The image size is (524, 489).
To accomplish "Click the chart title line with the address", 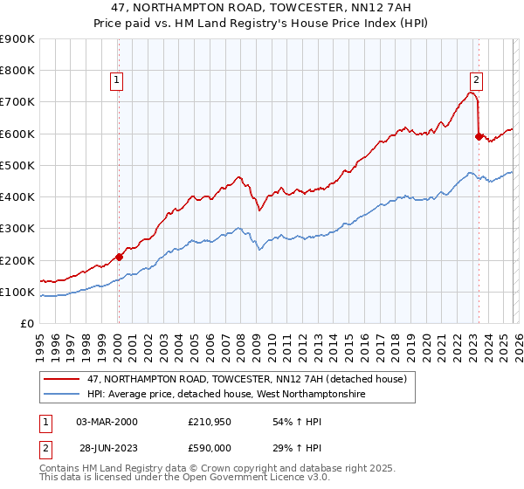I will [x=262, y=8].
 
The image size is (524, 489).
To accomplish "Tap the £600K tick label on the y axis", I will [x=17, y=134].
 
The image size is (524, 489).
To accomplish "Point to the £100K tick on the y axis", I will [x=17, y=292].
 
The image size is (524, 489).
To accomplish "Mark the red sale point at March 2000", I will [x=119, y=257].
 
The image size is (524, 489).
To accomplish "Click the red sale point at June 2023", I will [x=479, y=136].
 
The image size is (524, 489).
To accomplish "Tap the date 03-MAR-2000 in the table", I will [x=107, y=422].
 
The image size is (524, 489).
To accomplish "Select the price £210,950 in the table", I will [x=208, y=422].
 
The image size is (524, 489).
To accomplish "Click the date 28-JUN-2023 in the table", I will [x=106, y=448].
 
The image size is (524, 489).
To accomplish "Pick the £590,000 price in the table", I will [x=208, y=448].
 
